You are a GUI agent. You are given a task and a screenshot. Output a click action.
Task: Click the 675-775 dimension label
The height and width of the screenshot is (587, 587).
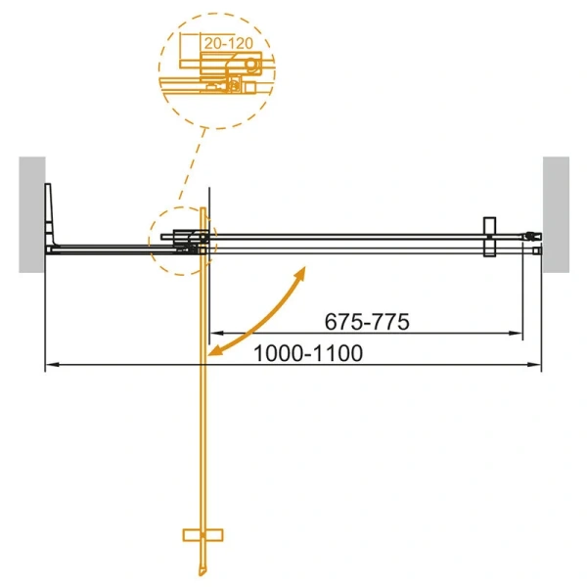tap(366, 321)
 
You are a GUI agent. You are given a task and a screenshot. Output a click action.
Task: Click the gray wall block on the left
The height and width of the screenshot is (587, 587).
tap(30, 214)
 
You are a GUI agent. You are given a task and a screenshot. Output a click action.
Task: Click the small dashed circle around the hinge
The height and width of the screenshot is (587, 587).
tap(181, 239)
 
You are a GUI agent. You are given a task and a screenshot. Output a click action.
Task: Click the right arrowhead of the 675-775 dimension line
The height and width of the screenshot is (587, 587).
tap(516, 335)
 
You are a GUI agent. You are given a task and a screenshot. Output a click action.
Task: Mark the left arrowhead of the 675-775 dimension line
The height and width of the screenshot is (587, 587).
tap(216, 335)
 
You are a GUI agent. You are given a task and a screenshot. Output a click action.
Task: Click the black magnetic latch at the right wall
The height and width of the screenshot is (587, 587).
tap(529, 236)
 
